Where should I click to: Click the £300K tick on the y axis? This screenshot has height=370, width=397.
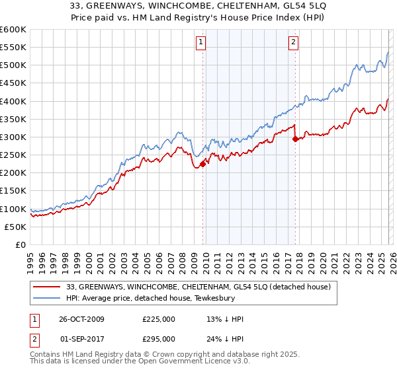[x=13, y=137]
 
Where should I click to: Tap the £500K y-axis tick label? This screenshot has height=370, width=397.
[x=13, y=65]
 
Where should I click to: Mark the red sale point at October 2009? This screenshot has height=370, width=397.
[x=203, y=165]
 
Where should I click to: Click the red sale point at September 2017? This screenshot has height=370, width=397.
[x=295, y=139]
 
